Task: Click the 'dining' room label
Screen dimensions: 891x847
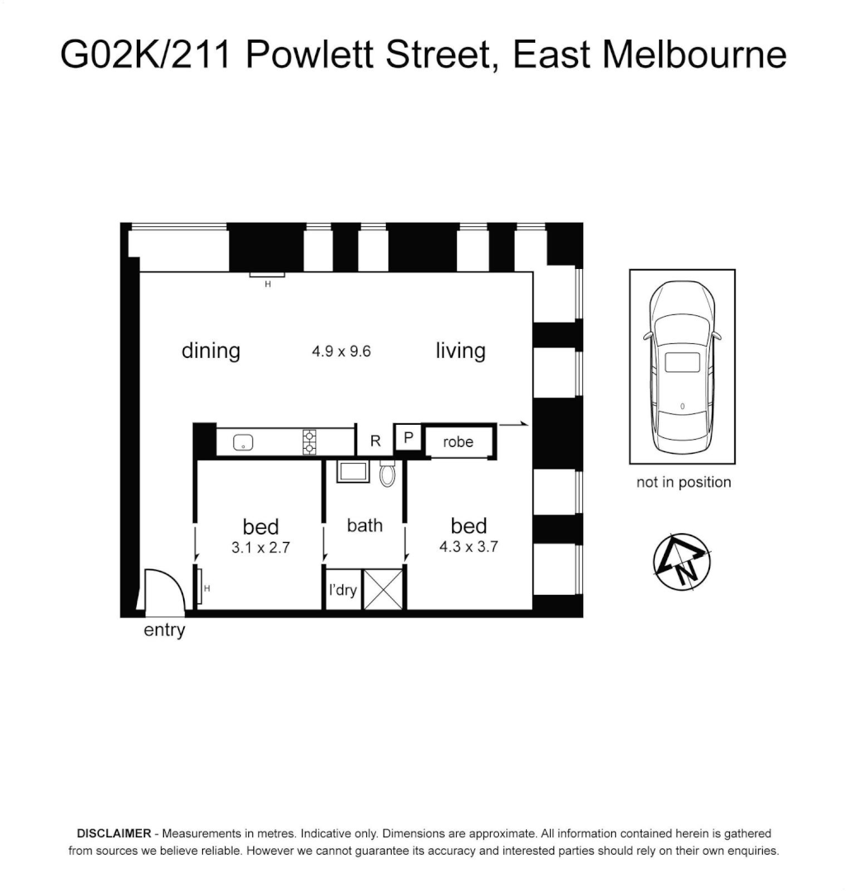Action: click(210, 351)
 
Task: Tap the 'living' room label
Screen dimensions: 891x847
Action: click(460, 351)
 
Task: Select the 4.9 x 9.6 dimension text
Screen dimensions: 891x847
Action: click(341, 351)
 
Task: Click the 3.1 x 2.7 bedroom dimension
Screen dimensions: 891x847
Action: click(261, 546)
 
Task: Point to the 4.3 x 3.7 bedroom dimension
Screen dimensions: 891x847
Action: click(468, 546)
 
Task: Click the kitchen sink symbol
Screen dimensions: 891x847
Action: click(243, 442)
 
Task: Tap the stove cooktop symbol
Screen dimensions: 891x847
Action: click(309, 441)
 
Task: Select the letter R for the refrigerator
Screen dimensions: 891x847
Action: click(375, 441)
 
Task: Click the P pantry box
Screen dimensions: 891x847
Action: click(407, 437)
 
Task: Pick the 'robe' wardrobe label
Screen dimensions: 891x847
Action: click(458, 442)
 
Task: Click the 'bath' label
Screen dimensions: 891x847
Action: click(365, 525)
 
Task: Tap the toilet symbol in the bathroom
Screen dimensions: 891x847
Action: click(387, 474)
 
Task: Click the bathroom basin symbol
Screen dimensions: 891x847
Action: click(354, 473)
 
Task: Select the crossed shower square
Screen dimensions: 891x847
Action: click(384, 588)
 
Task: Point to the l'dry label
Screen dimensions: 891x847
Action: click(342, 591)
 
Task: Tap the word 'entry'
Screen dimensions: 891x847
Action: click(164, 631)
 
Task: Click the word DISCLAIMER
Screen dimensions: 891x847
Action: click(113, 834)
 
